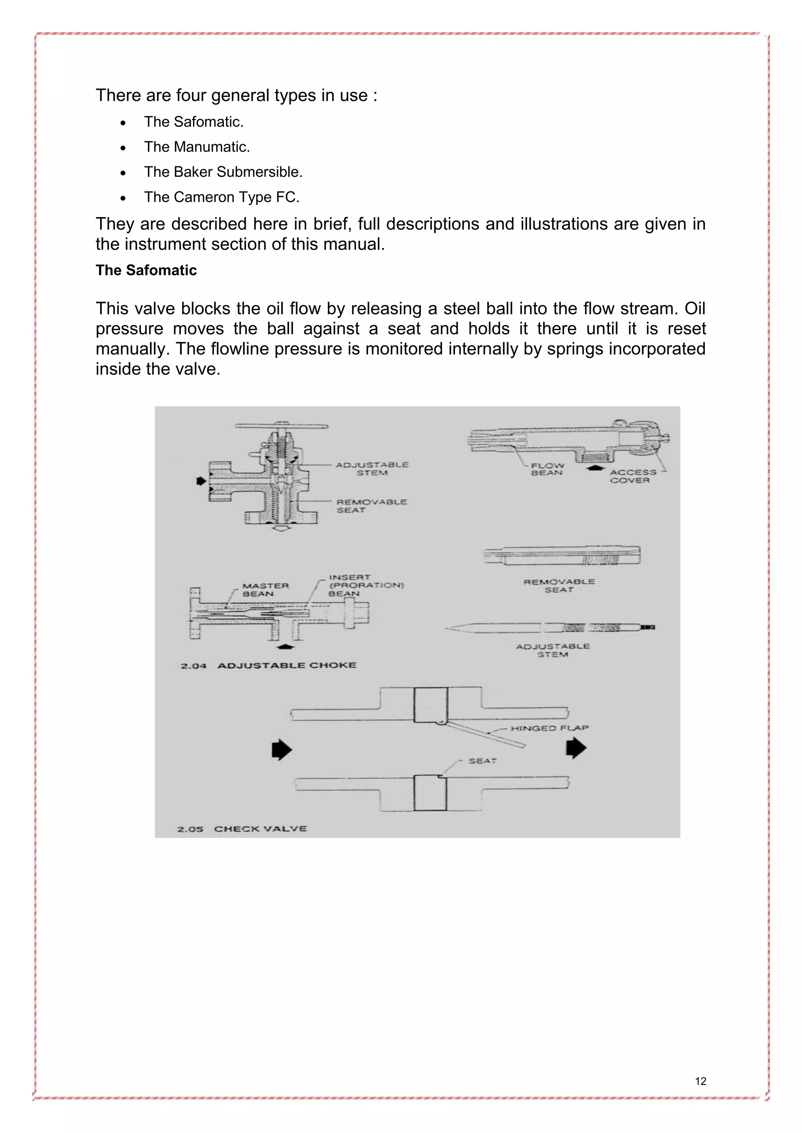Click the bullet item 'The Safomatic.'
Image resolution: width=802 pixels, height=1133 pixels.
(x=193, y=122)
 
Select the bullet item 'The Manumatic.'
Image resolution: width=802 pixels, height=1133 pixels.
(x=197, y=147)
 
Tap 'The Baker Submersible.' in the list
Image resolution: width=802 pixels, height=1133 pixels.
(x=223, y=172)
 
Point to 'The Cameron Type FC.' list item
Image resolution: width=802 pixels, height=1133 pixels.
(x=222, y=198)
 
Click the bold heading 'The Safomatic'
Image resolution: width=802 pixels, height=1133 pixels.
(x=146, y=270)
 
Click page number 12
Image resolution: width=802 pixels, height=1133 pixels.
(x=700, y=1081)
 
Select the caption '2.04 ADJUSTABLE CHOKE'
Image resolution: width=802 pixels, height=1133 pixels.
(x=268, y=666)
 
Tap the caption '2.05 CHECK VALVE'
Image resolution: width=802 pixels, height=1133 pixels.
(x=242, y=829)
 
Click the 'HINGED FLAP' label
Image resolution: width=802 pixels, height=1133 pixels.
(x=549, y=728)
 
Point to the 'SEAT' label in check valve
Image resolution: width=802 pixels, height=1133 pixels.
(x=482, y=761)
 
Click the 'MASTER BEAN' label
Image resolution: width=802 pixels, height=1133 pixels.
(x=265, y=590)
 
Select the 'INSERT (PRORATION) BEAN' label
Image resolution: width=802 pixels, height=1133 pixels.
(x=366, y=585)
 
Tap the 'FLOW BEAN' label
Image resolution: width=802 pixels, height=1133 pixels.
(x=547, y=469)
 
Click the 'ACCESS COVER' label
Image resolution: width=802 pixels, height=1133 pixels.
(x=632, y=476)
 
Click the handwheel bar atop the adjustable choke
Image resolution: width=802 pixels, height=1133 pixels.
(x=282, y=426)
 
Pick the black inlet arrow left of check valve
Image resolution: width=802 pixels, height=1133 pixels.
(x=282, y=750)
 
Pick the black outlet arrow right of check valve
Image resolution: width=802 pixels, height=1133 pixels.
(x=575, y=748)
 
